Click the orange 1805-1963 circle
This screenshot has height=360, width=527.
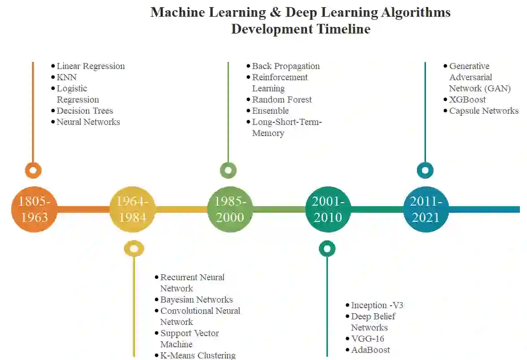(34, 209)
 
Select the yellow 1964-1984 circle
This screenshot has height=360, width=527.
(133, 209)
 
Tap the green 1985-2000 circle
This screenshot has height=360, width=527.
(230, 209)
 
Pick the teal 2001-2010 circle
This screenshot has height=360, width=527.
(328, 209)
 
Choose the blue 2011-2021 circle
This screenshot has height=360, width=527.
(426, 209)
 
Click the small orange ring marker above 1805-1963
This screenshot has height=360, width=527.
(33, 170)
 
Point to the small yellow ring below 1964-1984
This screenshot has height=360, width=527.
(134, 248)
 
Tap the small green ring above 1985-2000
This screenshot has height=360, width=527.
(228, 170)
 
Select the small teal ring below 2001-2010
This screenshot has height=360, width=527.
(327, 248)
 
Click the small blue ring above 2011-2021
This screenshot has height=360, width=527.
(425, 170)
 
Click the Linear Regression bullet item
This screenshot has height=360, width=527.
(90, 66)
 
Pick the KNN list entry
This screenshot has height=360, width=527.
(67, 77)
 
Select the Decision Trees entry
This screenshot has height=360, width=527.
(85, 111)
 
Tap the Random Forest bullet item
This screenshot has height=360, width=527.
(282, 100)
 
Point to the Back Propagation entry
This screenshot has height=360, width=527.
(286, 66)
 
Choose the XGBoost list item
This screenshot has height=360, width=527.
(467, 100)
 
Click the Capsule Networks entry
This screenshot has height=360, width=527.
(484, 111)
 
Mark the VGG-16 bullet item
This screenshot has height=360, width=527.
(368, 339)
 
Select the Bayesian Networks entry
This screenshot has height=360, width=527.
(196, 300)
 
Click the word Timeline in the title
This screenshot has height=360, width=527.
(344, 29)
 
